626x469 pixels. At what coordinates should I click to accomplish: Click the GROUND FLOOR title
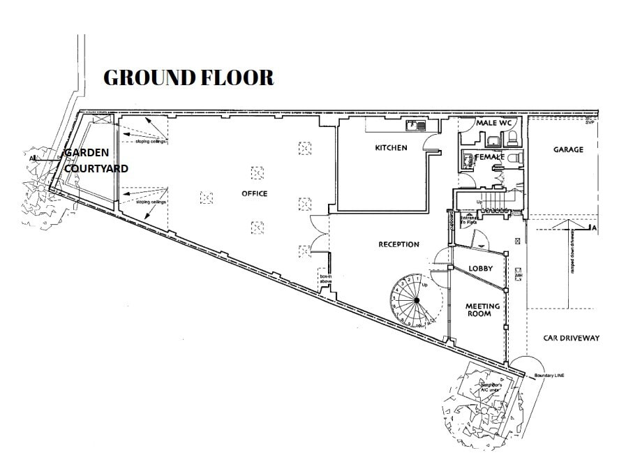(x=188, y=77)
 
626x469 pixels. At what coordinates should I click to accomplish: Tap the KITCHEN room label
(x=391, y=148)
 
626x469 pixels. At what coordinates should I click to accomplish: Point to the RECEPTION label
(x=398, y=244)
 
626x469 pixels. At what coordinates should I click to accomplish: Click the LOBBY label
(x=481, y=268)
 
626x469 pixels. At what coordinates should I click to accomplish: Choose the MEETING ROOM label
(x=482, y=310)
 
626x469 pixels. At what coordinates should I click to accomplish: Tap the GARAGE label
(x=568, y=149)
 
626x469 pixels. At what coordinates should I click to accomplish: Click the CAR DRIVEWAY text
(x=571, y=338)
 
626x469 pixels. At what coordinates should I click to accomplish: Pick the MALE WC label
(x=494, y=123)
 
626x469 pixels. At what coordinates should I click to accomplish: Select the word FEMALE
(x=490, y=157)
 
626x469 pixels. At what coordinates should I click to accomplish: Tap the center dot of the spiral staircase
(x=416, y=301)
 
